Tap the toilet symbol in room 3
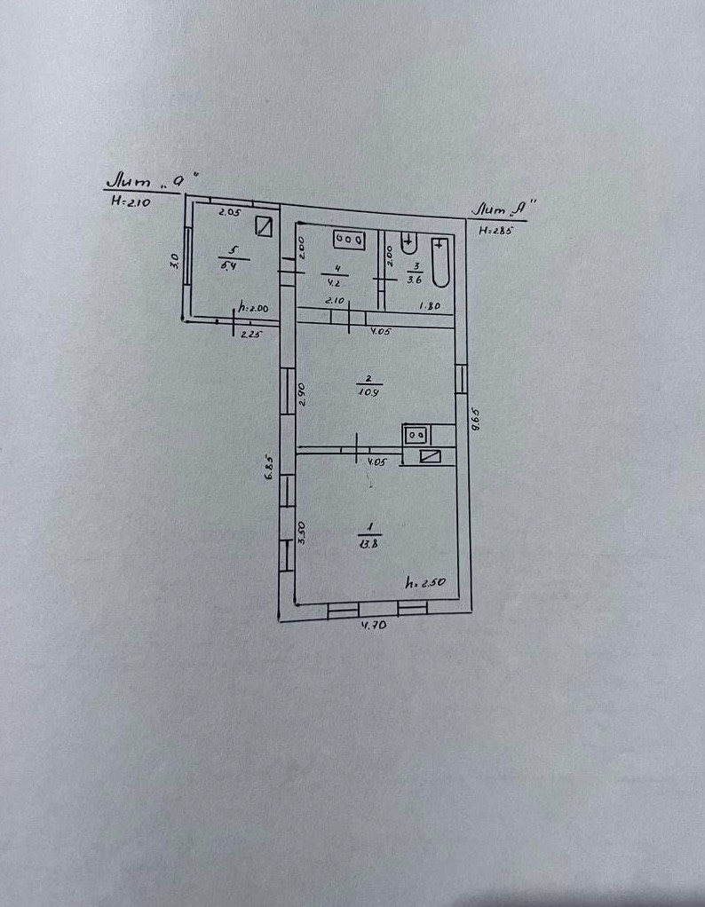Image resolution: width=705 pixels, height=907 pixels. pos(409,241)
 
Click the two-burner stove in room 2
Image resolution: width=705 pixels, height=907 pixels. pos(416,434)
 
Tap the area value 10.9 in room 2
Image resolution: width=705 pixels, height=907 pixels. pos(368,391)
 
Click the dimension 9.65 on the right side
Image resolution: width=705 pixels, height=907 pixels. pos(476,419)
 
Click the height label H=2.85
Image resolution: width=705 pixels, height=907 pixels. pos(496,231)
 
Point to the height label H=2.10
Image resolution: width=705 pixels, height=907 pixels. pos(131,201)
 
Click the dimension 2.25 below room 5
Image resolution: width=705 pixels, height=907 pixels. pos(252,335)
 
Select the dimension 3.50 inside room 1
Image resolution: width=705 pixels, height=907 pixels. pos(302,532)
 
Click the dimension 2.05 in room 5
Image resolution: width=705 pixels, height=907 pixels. pos(230,212)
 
